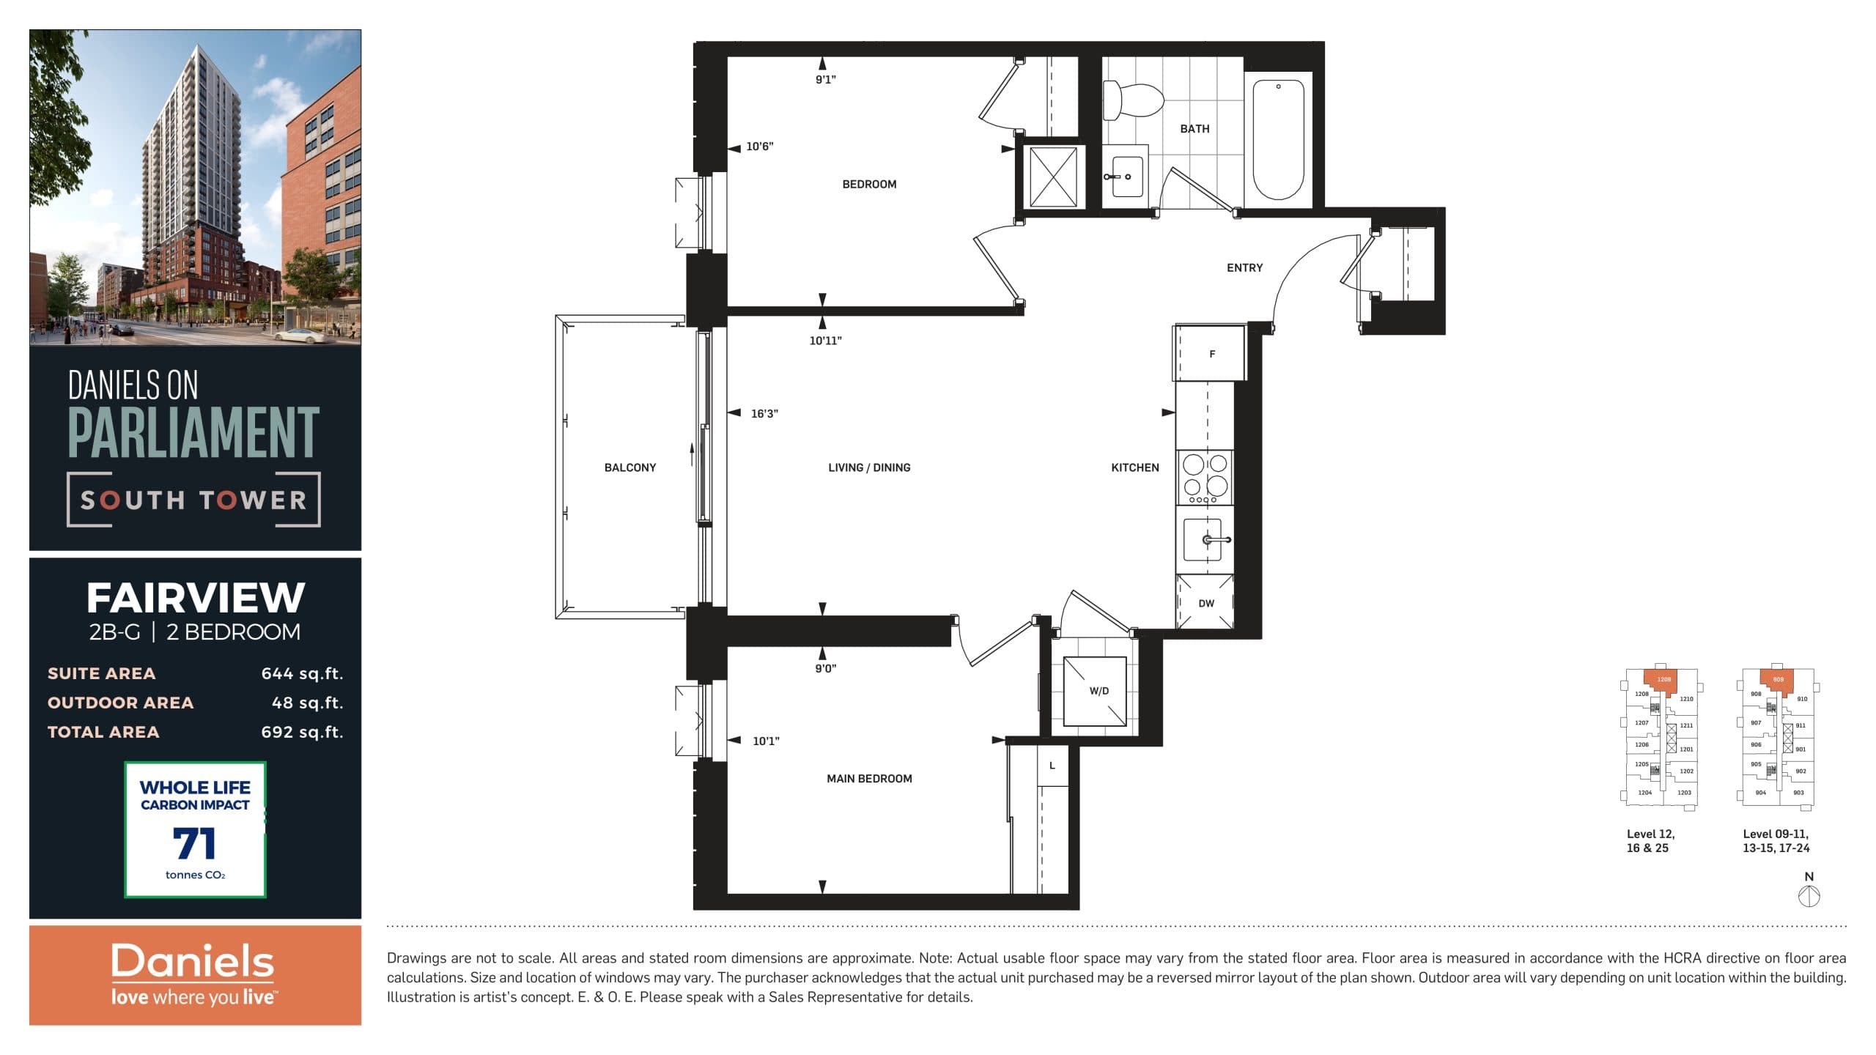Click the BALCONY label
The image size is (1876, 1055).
[x=629, y=467]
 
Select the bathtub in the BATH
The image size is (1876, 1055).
[x=1278, y=139]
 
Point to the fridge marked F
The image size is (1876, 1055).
[x=1211, y=354]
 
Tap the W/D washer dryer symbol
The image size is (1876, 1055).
[x=1095, y=691]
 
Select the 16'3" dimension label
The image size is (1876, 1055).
[x=764, y=413]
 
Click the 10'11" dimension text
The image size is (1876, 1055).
[x=825, y=341]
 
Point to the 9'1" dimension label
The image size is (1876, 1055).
[x=825, y=80]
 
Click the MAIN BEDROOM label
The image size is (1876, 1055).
[x=869, y=779]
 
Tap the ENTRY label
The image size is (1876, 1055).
[x=1244, y=268]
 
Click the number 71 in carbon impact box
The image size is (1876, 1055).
[x=194, y=843]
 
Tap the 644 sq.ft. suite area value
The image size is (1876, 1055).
[x=302, y=673]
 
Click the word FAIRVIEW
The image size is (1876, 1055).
[x=195, y=598]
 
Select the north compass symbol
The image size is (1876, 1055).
[x=1809, y=895]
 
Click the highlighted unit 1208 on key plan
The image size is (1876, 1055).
[x=1664, y=680]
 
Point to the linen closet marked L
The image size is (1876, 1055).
[x=1052, y=766]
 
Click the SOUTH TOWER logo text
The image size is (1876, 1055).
[x=193, y=500]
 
